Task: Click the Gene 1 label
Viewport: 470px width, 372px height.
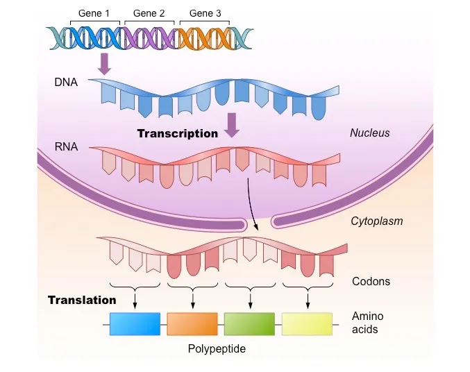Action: coord(94,14)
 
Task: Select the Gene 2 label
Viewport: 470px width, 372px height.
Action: coord(149,14)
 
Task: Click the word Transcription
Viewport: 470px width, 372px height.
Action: coord(177,133)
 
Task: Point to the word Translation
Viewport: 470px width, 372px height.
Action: coord(82,301)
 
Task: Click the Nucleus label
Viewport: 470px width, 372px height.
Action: coord(369,133)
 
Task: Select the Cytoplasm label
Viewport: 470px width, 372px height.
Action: coord(377,221)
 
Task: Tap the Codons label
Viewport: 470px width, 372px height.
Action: coord(371,282)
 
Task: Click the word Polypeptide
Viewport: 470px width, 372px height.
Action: coord(217,348)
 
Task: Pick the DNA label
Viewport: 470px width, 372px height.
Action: coord(66,83)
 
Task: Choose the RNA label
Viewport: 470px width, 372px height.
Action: coord(66,146)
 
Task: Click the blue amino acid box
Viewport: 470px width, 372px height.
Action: coord(135,323)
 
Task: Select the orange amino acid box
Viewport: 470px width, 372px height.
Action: coord(192,323)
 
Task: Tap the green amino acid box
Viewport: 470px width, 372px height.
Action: coord(249,323)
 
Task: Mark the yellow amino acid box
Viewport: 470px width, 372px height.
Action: coord(307,323)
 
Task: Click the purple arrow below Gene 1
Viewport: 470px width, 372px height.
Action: coord(105,62)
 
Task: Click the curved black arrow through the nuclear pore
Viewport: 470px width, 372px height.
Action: coord(251,205)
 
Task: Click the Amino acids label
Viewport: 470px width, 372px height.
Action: coord(367,323)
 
